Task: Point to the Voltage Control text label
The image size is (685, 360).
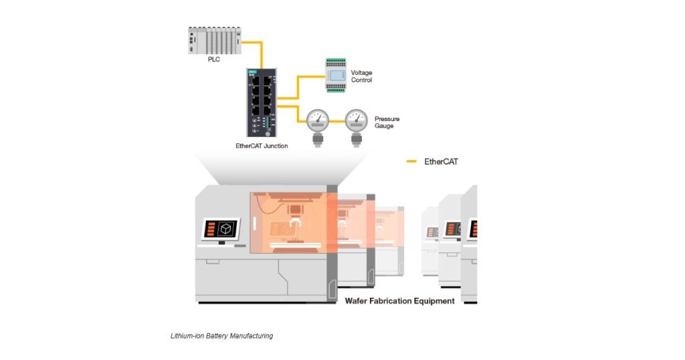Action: click(361, 76)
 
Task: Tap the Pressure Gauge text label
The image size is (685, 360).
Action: click(387, 122)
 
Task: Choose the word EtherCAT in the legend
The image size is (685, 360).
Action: click(442, 161)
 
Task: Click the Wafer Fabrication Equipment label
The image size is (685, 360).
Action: click(399, 301)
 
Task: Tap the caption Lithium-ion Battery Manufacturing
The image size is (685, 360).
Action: click(221, 336)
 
